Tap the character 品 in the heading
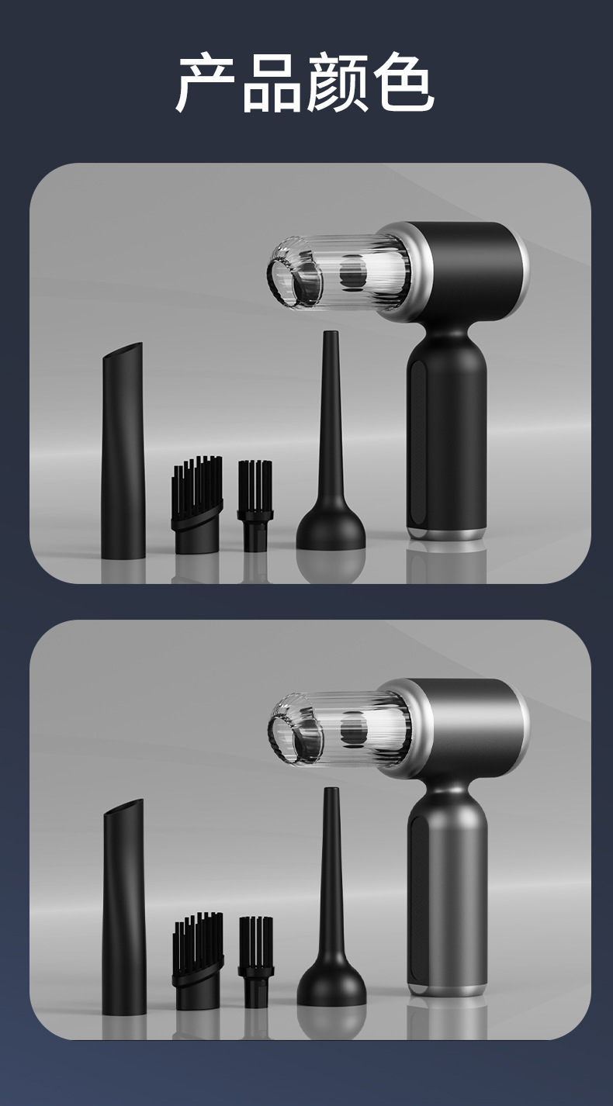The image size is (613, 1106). click(x=272, y=83)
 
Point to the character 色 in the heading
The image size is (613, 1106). click(x=403, y=83)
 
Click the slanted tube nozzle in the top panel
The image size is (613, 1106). click(x=123, y=451)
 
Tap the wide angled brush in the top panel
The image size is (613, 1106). click(x=196, y=504)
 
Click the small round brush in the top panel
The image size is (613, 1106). click(x=255, y=506)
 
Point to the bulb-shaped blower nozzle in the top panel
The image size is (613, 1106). click(x=331, y=441)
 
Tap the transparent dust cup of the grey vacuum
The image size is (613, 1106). click(x=341, y=730)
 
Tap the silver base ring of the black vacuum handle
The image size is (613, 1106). click(x=446, y=534)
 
